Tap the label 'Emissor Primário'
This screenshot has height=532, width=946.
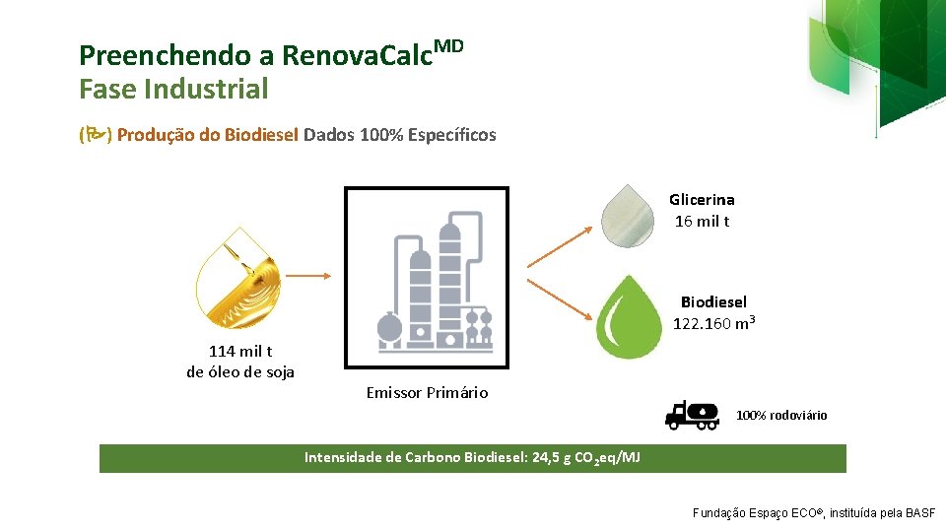(x=427, y=392)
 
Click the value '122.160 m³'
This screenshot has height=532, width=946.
(x=714, y=322)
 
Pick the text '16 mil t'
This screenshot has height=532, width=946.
(x=703, y=221)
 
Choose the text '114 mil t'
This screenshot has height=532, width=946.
(x=240, y=351)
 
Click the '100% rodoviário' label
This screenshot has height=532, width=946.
(x=781, y=415)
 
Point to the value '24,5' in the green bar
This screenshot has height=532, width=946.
(x=548, y=457)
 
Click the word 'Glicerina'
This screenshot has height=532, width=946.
(x=702, y=200)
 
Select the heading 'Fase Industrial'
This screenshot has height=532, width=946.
(x=173, y=90)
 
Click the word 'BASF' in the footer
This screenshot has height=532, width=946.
(x=921, y=513)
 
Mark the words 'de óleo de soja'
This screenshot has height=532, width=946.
(x=240, y=371)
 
